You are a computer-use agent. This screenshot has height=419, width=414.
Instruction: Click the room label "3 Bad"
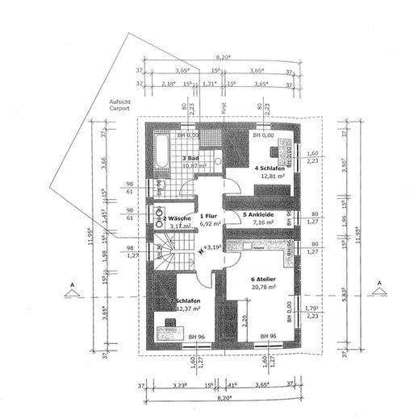pyautogui.click(x=190, y=158)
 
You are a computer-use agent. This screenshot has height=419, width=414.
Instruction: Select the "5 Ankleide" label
pyautogui.click(x=261, y=215)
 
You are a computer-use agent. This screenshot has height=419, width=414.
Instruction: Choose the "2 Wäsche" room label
pyautogui.click(x=176, y=218)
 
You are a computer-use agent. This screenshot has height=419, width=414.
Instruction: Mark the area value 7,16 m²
pyautogui.click(x=264, y=223)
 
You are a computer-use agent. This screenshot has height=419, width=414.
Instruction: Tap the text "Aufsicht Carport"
pyautogui.click(x=119, y=106)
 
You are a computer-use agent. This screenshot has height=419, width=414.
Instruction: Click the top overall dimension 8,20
pyautogui.click(x=224, y=56)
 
